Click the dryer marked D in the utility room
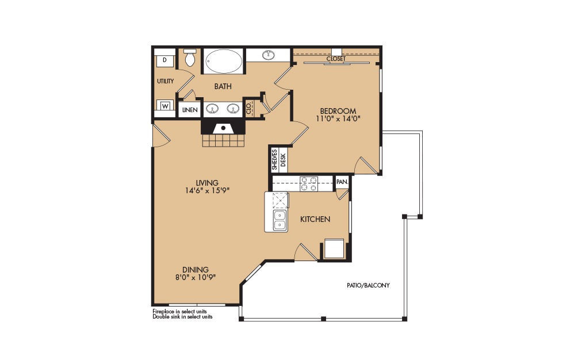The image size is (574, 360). point(164,60)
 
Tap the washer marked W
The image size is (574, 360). point(165,106)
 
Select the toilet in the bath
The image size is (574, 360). point(190,58)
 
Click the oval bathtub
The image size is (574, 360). point(223,61)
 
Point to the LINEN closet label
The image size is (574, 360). point(190,110)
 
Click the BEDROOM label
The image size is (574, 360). point(338,111)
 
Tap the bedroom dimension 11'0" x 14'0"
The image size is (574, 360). point(338,118)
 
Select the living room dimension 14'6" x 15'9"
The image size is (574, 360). point(207,190)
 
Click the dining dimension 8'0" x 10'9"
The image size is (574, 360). point(196,277)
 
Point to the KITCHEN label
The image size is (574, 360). point(315,219)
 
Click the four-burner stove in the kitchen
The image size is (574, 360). point(309,183)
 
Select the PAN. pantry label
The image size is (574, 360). point(342,182)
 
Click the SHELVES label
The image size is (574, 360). point(274,159)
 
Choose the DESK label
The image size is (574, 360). point(282,160)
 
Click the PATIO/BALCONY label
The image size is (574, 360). point(368,285)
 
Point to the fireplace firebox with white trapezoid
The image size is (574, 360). point(223,128)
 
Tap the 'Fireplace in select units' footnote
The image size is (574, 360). point(179,312)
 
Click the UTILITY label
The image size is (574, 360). point(166,81)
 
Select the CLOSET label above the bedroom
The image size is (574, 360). point(336,59)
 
